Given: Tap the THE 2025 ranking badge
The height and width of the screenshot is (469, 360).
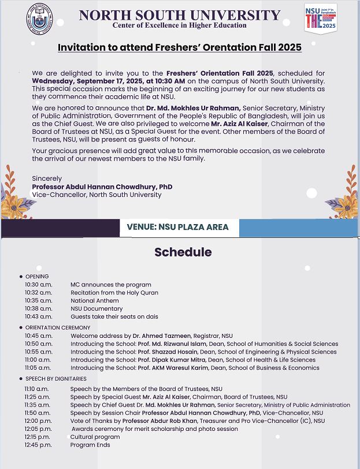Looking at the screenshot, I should click(321, 17).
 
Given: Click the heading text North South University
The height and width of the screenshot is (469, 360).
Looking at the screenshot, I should click(180, 15).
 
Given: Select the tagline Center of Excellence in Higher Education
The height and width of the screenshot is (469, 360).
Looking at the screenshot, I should click(180, 25).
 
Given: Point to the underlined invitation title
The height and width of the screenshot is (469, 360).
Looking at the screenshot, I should click(180, 47).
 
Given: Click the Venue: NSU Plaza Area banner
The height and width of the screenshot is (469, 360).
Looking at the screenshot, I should click(178, 227).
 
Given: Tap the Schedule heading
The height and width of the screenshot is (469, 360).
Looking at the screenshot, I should click(183, 252).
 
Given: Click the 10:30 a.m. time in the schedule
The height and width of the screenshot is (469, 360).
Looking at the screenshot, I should click(38, 285).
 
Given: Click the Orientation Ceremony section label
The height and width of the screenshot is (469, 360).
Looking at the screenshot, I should click(58, 327).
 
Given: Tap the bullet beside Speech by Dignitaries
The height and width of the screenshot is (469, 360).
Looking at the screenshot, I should click(21, 379).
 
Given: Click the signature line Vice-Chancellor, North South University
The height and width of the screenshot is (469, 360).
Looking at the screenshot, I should click(97, 195).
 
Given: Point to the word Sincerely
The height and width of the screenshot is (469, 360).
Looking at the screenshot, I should click(47, 179).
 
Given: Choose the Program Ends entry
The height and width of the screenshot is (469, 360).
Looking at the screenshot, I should click(90, 445).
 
